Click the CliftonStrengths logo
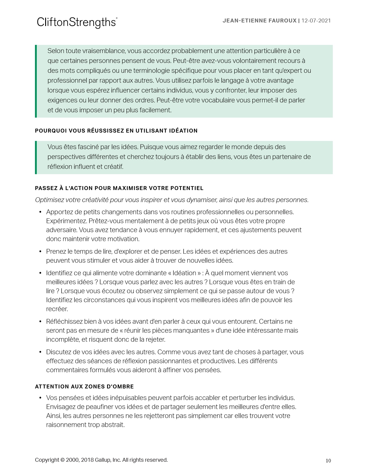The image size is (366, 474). pyautogui.click(x=77, y=22)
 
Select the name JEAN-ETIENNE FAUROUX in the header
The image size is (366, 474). pyautogui.click(x=260, y=21)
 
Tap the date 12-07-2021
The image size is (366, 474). pyautogui.click(x=316, y=21)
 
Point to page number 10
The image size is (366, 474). pyautogui.click(x=328, y=461)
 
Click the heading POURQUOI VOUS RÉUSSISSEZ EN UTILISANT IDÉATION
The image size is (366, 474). pyautogui.click(x=116, y=131)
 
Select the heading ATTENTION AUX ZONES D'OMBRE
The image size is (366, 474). pyautogui.click(x=84, y=387)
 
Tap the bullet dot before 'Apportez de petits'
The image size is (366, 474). pyautogui.click(x=40, y=212)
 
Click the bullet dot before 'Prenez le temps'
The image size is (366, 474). pyautogui.click(x=40, y=252)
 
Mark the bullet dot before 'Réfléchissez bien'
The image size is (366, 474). pyautogui.click(x=40, y=322)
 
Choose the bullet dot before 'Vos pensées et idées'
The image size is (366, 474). pyautogui.click(x=40, y=398)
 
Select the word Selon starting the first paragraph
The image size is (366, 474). pyautogui.click(x=56, y=51)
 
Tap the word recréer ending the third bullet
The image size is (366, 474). pyautogui.click(x=57, y=309)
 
